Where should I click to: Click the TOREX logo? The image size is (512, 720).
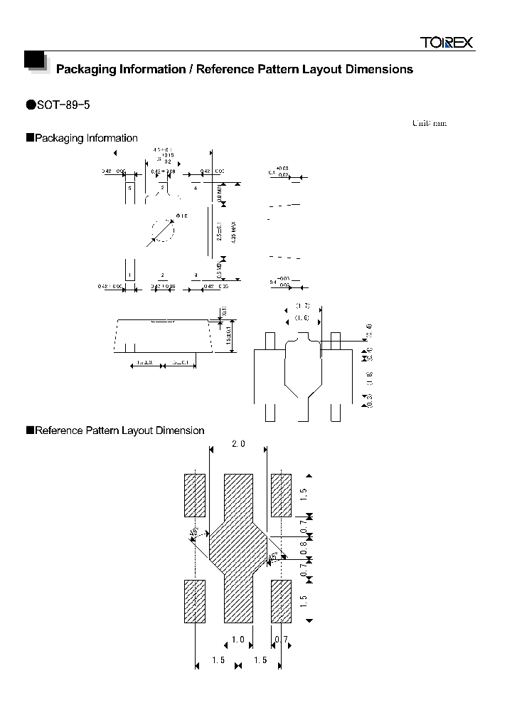tap(445, 43)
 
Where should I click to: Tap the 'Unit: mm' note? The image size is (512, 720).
tap(429, 123)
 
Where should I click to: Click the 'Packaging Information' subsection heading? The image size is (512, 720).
tap(86, 138)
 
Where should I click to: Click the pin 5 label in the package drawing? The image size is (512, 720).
tap(129, 188)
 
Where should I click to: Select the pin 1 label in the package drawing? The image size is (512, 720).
tap(129, 275)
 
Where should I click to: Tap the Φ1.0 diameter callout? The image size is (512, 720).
tap(181, 216)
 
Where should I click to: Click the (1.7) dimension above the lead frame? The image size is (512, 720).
tap(303, 307)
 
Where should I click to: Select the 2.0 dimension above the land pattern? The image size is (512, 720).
tap(238, 444)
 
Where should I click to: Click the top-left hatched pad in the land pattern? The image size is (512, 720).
tap(195, 494)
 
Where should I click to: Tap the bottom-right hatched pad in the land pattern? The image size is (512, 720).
tap(281, 602)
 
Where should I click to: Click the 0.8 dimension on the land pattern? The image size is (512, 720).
tap(304, 549)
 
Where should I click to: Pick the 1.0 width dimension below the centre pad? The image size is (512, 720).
tap(238, 640)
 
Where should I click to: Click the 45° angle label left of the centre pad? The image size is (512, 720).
tap(193, 534)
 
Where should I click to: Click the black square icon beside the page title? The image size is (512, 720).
tap(35, 62)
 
